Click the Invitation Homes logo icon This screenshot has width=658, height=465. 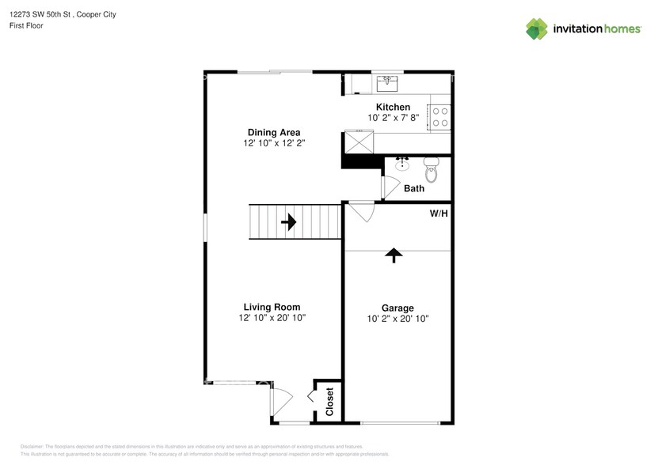pos(537,28)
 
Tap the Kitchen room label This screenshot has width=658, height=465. pos(393,107)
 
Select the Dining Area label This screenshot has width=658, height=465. pos(274,132)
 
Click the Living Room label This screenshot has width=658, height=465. pos(272,307)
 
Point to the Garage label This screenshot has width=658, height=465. pos(397,308)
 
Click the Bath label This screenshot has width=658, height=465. pos(414,188)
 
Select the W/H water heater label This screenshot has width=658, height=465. pos(439,214)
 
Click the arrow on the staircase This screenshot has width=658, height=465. pos(288,222)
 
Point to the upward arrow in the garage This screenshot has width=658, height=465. pos(394,254)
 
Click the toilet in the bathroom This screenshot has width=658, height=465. pos(432,168)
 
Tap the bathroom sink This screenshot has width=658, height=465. pos(402,164)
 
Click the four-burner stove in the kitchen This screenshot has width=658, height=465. pos(439,117)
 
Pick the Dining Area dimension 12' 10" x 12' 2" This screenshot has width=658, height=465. pos(274,143)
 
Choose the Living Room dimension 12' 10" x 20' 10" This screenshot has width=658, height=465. pos(272,318)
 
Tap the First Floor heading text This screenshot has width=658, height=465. pos(26,25)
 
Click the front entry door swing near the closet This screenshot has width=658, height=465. pos(281,401)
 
